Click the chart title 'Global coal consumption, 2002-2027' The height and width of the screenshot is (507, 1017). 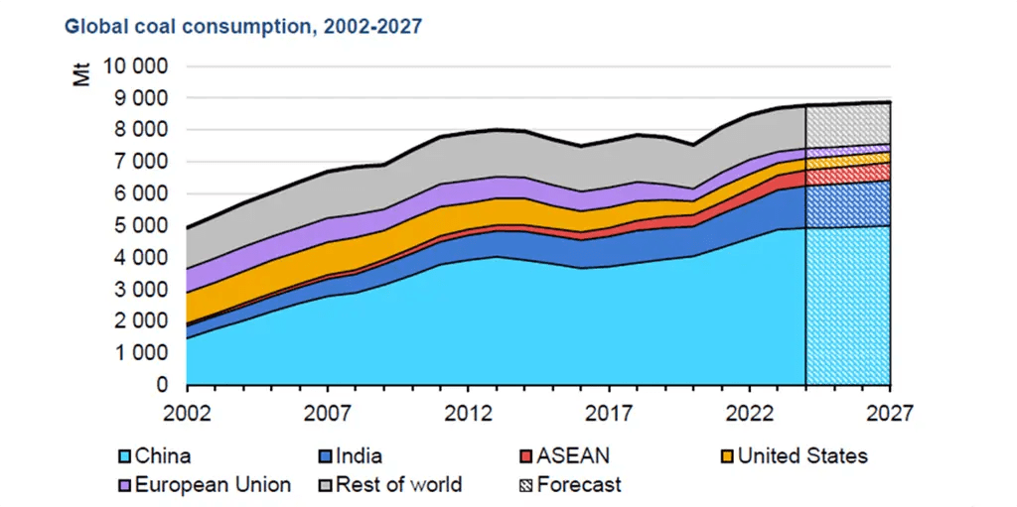[243, 26]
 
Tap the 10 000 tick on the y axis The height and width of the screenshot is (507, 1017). [138, 66]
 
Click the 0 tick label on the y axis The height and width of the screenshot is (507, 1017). [165, 385]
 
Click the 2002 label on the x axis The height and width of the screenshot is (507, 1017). [186, 413]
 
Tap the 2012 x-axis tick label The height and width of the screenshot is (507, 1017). [467, 413]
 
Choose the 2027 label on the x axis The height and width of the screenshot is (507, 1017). [889, 413]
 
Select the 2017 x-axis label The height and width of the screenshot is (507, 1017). [608, 413]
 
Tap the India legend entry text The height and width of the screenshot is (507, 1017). [361, 456]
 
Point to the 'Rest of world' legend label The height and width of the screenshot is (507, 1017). [399, 485]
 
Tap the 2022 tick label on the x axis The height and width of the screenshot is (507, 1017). [749, 413]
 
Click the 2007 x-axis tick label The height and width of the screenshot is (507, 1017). [327, 413]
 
